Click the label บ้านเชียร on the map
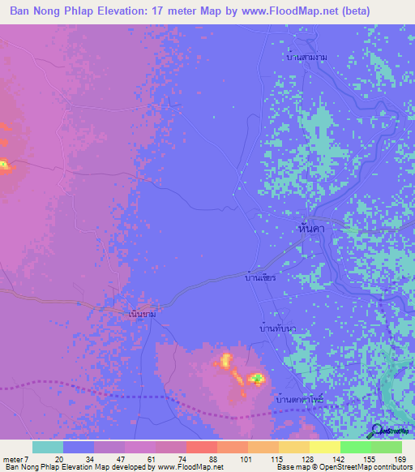click(260, 278)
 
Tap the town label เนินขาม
click(142, 312)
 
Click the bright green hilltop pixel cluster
click(257, 378)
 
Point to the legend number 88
click(213, 459)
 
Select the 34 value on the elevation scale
click(90, 459)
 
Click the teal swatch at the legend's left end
click(48, 447)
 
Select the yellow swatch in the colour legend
click(324, 447)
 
